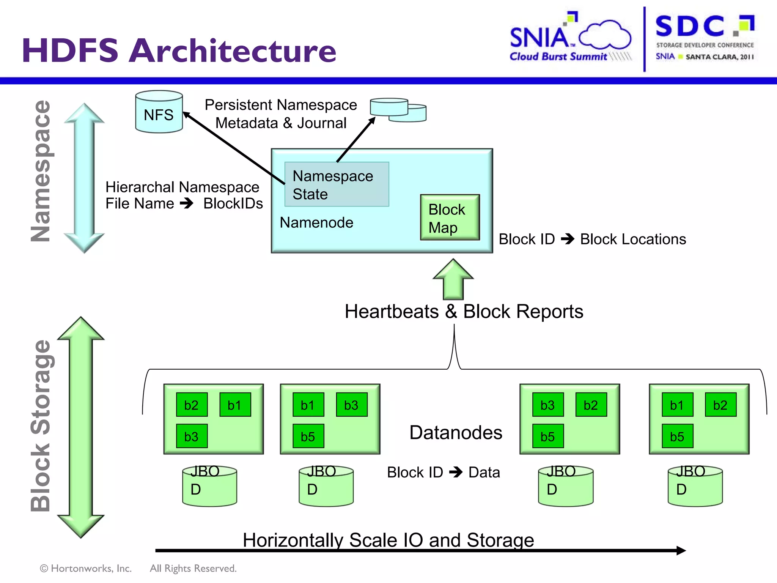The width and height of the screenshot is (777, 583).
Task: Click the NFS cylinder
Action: tap(159, 112)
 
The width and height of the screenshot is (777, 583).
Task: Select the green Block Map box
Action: tap(450, 217)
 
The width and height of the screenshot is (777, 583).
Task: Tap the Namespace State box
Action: tap(337, 184)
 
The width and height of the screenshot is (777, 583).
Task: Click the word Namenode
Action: tap(316, 223)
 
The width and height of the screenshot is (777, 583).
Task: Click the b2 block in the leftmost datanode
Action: tap(192, 405)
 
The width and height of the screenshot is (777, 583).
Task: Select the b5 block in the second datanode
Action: tap(308, 436)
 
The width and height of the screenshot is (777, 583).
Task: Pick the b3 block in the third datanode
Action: tap(548, 405)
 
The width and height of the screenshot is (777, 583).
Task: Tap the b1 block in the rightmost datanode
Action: tap(677, 405)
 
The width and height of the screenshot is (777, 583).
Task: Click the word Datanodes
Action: tap(456, 433)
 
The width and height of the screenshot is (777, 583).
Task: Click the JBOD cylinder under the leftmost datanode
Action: tap(209, 487)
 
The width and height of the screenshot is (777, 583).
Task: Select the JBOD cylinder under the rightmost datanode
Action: tap(695, 487)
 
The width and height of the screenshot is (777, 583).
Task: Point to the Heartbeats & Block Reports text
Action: tap(464, 312)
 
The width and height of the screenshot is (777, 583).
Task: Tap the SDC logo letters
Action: tap(690, 27)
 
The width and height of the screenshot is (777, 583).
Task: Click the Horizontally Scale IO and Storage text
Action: tap(388, 540)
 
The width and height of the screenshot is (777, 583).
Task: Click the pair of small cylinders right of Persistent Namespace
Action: tap(398, 110)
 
